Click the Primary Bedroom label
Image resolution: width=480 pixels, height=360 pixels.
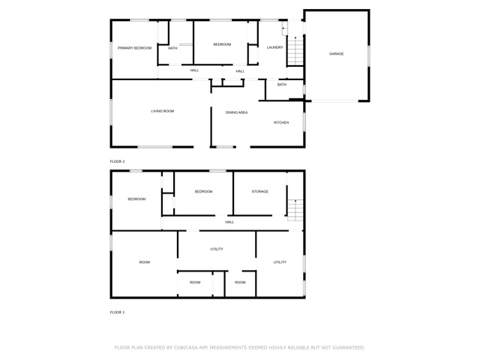point(135,48)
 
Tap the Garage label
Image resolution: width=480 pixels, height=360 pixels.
point(336,53)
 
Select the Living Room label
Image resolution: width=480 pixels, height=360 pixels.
point(163,111)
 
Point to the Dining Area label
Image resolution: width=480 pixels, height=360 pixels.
point(237,112)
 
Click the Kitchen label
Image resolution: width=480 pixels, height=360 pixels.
point(281,122)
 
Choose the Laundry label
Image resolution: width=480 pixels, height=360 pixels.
point(275,47)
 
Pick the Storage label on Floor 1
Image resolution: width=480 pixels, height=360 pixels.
point(260,191)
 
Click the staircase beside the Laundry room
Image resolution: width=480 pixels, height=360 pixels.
point(295,51)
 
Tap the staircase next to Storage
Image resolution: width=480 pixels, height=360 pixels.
point(295,210)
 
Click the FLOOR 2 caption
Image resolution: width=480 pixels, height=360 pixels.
point(117,161)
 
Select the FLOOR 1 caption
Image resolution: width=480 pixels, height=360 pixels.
point(117,312)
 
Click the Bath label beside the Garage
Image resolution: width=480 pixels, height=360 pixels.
point(282,84)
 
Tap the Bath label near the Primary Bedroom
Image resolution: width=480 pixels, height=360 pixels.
point(172,48)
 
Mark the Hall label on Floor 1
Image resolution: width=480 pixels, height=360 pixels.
point(229,222)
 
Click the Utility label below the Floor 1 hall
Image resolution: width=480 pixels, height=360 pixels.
point(217,249)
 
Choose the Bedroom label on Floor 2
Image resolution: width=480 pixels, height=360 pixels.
point(222,44)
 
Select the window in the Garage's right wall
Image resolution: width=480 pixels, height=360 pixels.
point(369,56)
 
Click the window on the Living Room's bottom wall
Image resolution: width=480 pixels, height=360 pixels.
point(155,147)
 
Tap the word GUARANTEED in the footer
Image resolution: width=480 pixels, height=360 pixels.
point(349,347)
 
